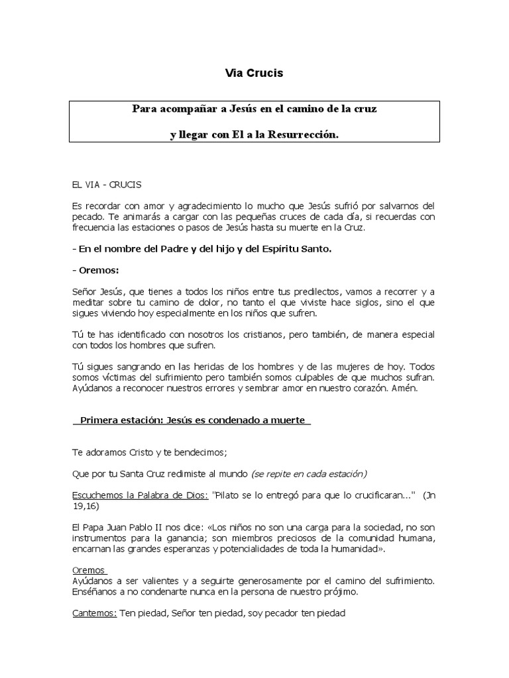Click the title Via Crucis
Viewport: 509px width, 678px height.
254,73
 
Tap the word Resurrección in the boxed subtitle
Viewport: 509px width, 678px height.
306,134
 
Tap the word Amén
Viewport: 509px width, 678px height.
405,389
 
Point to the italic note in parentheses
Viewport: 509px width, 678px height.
310,474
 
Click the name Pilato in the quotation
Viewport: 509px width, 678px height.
231,495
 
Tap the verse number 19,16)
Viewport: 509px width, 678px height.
86,506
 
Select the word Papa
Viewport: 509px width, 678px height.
93,528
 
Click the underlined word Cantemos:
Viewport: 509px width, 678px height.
94,613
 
